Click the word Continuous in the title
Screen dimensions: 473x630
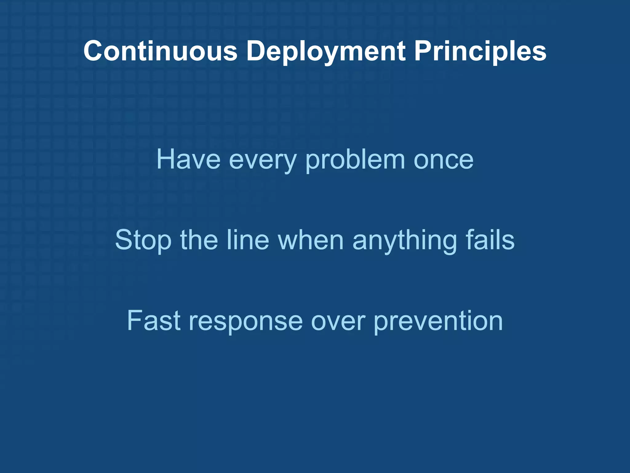click(160, 51)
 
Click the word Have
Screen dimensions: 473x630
click(188, 160)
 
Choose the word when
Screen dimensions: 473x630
click(311, 240)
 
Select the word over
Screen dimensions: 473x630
click(338, 321)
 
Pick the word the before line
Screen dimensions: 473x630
click(199, 240)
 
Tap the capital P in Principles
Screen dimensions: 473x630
click(423, 51)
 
